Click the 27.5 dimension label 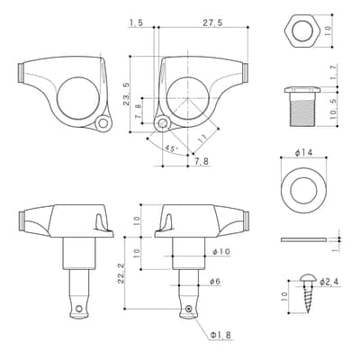point(212,22)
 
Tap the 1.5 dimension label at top point(136,22)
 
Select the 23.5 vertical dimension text point(127,94)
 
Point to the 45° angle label point(171,148)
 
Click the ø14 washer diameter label point(304,153)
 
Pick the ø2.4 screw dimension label point(329,282)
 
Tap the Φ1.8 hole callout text point(220,335)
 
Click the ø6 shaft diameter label point(215,282)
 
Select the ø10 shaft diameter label point(221,252)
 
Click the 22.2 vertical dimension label point(121,274)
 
